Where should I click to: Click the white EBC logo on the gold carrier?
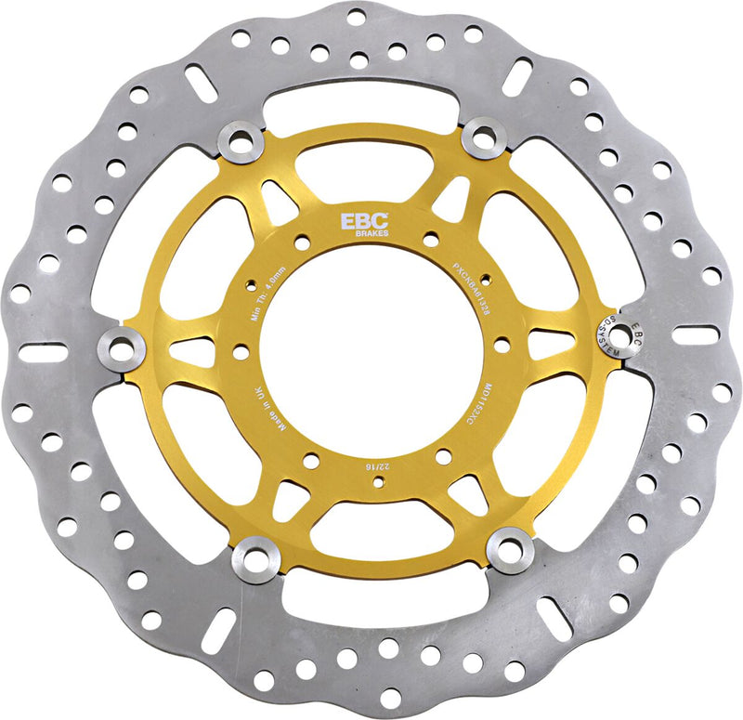point(358,223)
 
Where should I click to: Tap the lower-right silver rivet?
point(511,550)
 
